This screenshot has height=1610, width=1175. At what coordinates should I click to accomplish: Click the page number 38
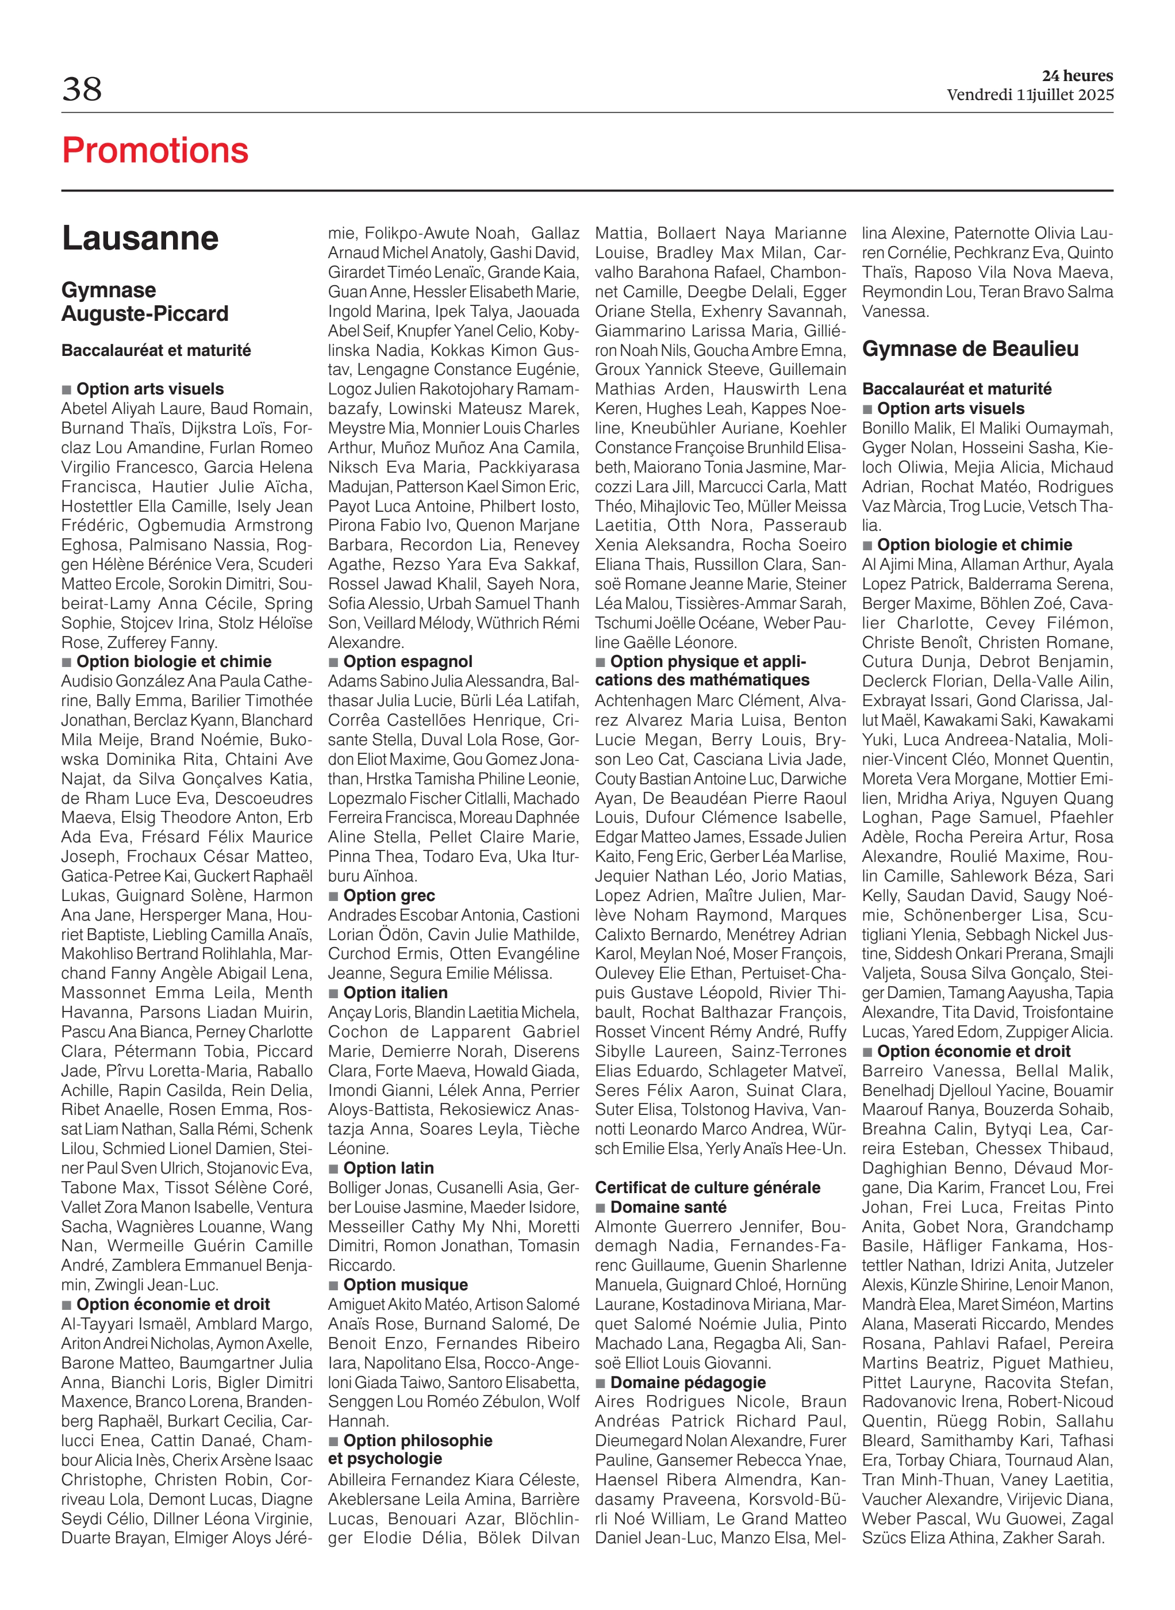[82, 90]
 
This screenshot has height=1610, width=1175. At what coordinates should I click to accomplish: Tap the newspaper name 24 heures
[1077, 75]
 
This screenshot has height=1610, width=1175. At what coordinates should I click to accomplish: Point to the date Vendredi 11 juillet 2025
[1029, 95]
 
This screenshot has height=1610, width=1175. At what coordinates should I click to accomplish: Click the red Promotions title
[155, 151]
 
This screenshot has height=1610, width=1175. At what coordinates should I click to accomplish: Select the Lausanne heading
[140, 238]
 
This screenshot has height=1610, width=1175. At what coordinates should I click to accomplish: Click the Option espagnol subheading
[408, 662]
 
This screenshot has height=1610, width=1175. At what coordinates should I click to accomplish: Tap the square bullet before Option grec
[333, 896]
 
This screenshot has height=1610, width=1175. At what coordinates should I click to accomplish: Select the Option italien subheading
[395, 992]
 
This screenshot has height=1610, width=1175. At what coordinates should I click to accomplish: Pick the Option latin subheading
[389, 1168]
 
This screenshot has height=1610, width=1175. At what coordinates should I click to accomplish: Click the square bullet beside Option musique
[333, 1286]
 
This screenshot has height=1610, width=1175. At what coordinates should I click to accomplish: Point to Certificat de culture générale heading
[707, 1187]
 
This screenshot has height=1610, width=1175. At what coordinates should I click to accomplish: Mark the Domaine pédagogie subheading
[688, 1382]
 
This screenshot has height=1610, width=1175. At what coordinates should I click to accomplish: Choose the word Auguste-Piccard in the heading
[145, 314]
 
